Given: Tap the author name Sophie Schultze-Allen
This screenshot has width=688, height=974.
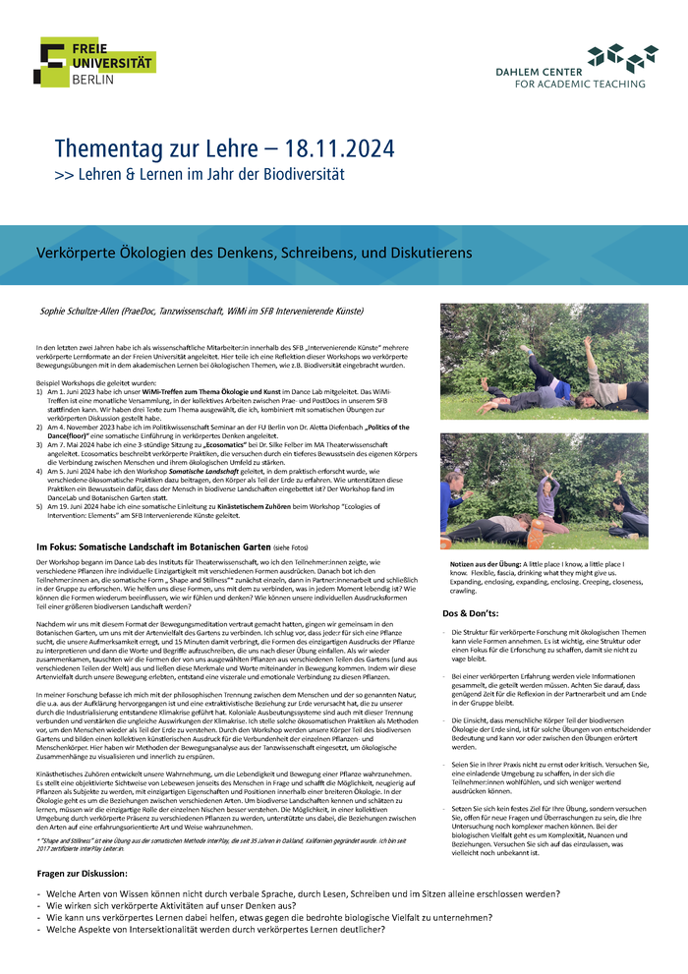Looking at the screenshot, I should [79, 311].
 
